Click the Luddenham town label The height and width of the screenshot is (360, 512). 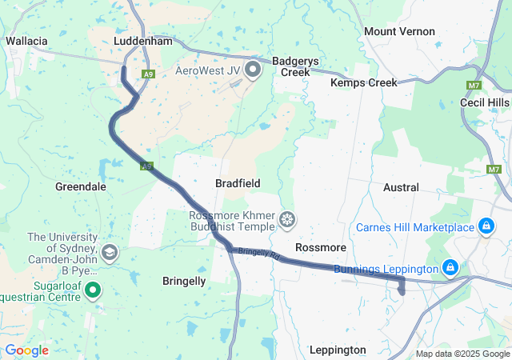tap(143, 40)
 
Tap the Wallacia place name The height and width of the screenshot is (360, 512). tap(28, 40)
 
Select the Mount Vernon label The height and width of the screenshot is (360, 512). tap(399, 31)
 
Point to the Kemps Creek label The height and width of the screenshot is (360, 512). tap(363, 82)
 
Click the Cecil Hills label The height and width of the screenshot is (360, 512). tap(484, 103)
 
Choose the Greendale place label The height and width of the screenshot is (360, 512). tap(80, 186)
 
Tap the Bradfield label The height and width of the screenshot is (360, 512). tap(238, 183)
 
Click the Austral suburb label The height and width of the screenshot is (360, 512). tap(401, 187)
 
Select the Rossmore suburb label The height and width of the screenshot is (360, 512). tap(320, 247)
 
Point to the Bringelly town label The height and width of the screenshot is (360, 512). tap(184, 281)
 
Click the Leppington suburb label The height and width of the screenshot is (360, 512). tap(338, 350)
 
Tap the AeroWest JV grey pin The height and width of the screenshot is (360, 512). tap(254, 70)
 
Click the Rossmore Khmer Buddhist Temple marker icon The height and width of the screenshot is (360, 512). tap(286, 219)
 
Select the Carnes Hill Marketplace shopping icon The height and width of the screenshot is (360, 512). tap(486, 228)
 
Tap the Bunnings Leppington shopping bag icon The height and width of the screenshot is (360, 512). tap(450, 267)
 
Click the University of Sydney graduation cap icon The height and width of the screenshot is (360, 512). tap(110, 254)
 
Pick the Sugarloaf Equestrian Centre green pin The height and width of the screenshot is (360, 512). tap(94, 290)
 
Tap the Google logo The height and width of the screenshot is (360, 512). tap(26, 350)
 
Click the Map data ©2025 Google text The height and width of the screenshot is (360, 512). tap(462, 354)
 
